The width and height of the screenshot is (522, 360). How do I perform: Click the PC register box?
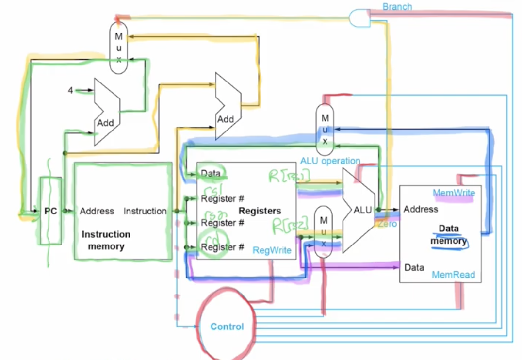50,211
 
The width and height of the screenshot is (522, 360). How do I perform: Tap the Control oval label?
227,327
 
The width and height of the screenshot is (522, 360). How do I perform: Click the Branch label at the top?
397,7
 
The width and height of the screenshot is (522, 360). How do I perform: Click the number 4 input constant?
70,90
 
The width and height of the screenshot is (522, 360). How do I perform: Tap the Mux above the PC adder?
118,48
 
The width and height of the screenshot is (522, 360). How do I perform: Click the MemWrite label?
454,193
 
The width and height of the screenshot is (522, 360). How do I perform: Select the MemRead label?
453,275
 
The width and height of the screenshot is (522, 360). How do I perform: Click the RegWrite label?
272,250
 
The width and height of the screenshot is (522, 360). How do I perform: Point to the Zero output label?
388,224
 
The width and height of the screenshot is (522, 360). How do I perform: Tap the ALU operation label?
330,161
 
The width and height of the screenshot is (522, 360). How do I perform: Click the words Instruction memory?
106,240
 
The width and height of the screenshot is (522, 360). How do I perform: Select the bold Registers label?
260,211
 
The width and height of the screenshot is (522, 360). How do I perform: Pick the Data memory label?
448,234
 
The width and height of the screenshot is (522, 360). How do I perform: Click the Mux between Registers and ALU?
322,230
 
